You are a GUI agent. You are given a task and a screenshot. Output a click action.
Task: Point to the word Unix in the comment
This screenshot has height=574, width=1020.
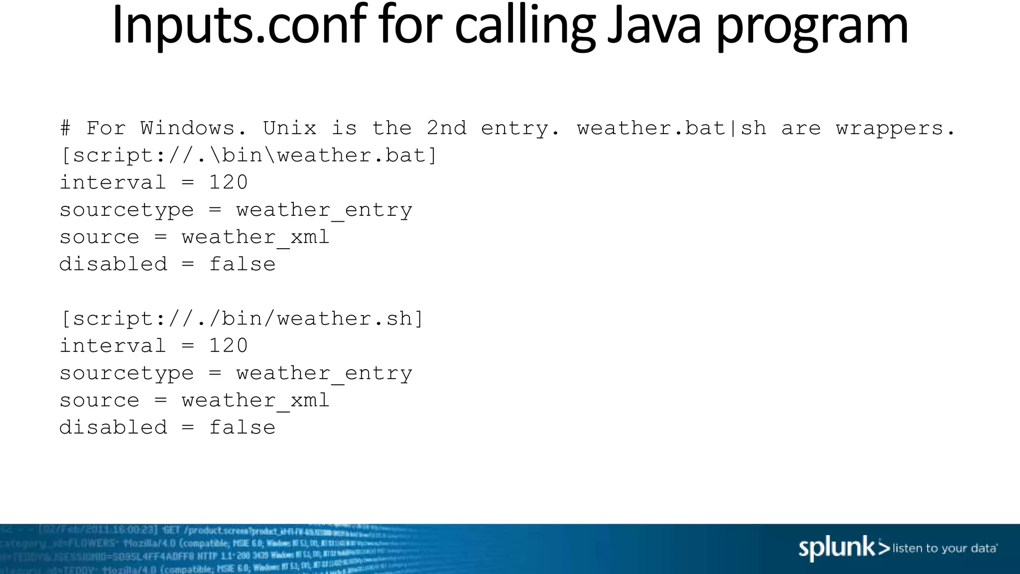tap(289, 129)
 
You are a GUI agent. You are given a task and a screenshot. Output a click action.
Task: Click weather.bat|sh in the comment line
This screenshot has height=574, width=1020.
tap(671, 129)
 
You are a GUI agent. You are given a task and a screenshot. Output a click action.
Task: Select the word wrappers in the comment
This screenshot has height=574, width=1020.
tap(895, 129)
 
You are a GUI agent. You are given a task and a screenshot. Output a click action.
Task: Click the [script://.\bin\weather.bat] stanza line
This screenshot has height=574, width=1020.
tap(248, 155)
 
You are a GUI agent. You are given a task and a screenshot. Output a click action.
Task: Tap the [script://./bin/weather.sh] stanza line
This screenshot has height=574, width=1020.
tap(242, 319)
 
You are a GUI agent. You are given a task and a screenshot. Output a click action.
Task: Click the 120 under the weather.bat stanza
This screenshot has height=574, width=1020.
tap(228, 182)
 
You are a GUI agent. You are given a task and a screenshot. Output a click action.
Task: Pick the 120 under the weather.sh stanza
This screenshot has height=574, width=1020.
tap(228, 346)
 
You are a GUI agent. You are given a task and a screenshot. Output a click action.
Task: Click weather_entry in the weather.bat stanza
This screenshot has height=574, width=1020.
tap(324, 210)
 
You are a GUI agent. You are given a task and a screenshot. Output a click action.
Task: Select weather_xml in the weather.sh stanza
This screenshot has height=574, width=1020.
tap(255, 401)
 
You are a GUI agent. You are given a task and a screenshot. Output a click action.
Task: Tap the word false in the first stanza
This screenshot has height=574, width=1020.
tap(242, 264)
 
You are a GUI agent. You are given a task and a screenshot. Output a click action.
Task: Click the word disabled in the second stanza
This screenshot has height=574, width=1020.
tap(113, 428)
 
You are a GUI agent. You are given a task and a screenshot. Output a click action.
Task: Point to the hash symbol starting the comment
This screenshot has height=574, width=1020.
tap(65, 129)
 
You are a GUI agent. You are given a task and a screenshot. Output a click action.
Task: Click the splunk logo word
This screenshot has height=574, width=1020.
tap(837, 548)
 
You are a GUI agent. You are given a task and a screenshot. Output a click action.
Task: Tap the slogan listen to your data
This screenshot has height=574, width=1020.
tap(944, 549)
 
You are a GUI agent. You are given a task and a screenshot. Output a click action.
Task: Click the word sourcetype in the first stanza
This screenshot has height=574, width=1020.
tap(127, 210)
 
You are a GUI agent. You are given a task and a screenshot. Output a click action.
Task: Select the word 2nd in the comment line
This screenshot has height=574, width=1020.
tap(446, 129)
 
